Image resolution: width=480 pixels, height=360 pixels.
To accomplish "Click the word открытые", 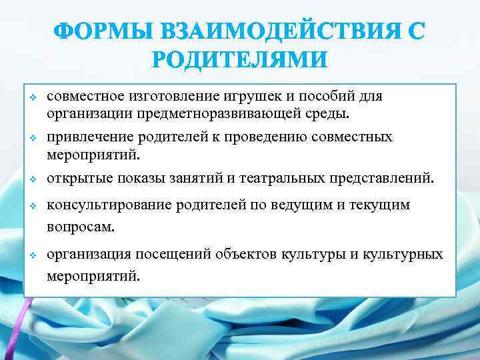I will point(78,178).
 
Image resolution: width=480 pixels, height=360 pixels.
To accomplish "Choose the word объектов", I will point(251,255).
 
